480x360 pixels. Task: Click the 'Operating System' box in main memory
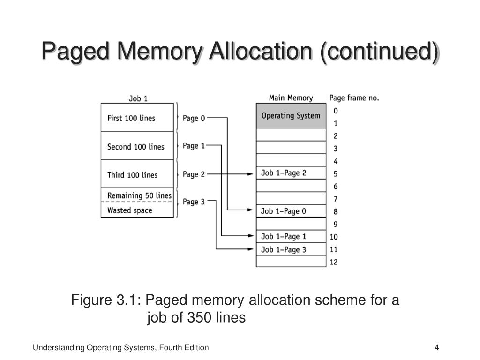[x=291, y=116]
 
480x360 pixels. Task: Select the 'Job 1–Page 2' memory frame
[x=291, y=173]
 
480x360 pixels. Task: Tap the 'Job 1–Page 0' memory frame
[x=291, y=211]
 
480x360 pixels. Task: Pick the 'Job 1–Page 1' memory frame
[x=291, y=236]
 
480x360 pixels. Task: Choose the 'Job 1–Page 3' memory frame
[x=291, y=249]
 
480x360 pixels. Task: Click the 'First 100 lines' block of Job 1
[x=137, y=118]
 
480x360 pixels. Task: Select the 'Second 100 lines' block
[x=137, y=147]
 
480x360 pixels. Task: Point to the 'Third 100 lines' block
[x=137, y=175]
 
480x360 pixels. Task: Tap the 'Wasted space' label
[x=130, y=210]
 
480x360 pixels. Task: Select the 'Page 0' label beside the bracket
[x=194, y=118]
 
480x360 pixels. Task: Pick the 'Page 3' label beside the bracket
[x=194, y=202]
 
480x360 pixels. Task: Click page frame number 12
[x=333, y=262]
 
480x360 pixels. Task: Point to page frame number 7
[x=335, y=199]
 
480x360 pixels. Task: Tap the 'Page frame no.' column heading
[x=354, y=98]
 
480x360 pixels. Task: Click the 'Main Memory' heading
[x=291, y=98]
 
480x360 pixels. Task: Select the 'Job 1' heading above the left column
[x=138, y=98]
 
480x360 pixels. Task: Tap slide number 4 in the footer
[x=436, y=347]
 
